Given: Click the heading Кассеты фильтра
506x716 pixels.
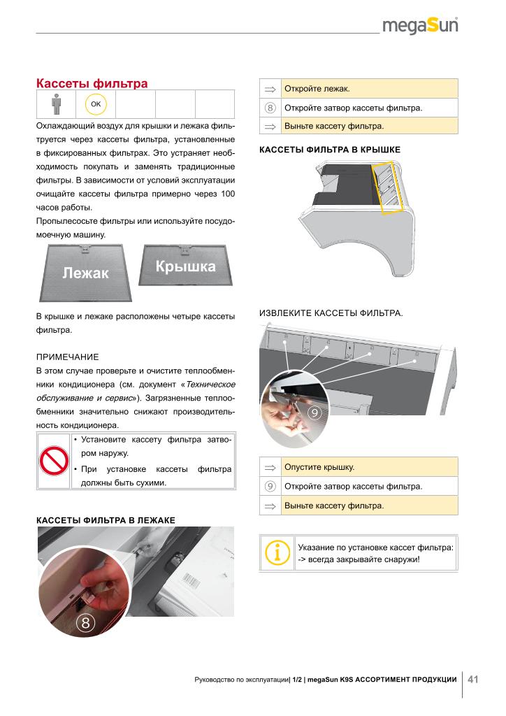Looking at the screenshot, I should point(92,84).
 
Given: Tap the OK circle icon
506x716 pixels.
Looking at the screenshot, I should point(95,103).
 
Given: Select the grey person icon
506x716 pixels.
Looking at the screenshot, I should point(56,104).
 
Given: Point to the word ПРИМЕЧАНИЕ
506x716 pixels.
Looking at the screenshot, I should point(67,357).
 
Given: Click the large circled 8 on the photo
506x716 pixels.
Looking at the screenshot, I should point(85,623).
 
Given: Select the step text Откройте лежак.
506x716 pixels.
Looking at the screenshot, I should point(317,89).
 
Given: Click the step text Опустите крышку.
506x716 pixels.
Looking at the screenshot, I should point(319,467).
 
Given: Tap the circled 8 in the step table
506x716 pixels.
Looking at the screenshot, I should point(270,108).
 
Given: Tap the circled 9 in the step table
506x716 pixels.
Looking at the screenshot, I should point(270,487).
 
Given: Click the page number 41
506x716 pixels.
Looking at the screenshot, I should point(473,679).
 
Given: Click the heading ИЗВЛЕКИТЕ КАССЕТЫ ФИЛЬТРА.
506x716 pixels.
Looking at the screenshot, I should point(331,313).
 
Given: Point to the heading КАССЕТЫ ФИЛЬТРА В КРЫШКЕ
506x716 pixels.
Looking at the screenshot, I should point(329,149).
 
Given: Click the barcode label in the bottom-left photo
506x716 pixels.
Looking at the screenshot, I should point(192,581).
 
